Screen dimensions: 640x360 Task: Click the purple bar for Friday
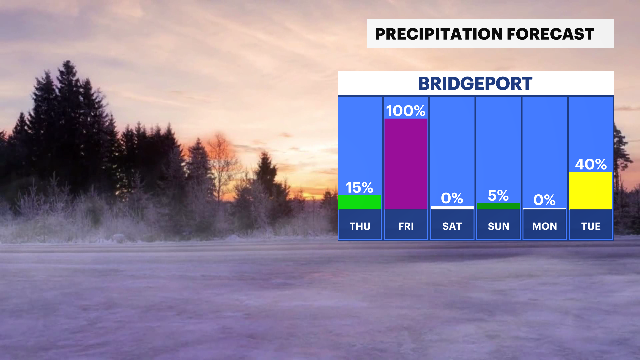[x=406, y=164]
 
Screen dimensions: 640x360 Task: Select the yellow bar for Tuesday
[x=591, y=191]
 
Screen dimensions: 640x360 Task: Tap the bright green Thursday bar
[x=360, y=202]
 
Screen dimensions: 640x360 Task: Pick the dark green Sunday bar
[x=498, y=206]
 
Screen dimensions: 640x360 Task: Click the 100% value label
[x=406, y=111]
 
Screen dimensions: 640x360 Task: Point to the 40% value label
[x=591, y=164]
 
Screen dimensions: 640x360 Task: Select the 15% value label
[x=359, y=188]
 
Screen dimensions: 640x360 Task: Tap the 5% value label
[x=498, y=196]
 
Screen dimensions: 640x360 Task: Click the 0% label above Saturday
[x=452, y=198]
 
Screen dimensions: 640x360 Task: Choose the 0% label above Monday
[x=544, y=200]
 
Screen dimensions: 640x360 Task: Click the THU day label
[x=360, y=226]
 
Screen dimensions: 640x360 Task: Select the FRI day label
[x=406, y=226]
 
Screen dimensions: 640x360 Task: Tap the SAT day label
[x=452, y=226]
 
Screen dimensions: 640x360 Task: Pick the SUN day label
[x=498, y=226]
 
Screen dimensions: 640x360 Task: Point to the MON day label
[x=545, y=226]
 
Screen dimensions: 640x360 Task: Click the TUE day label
[x=591, y=226]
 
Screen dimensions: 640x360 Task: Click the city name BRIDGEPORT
[x=475, y=84]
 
